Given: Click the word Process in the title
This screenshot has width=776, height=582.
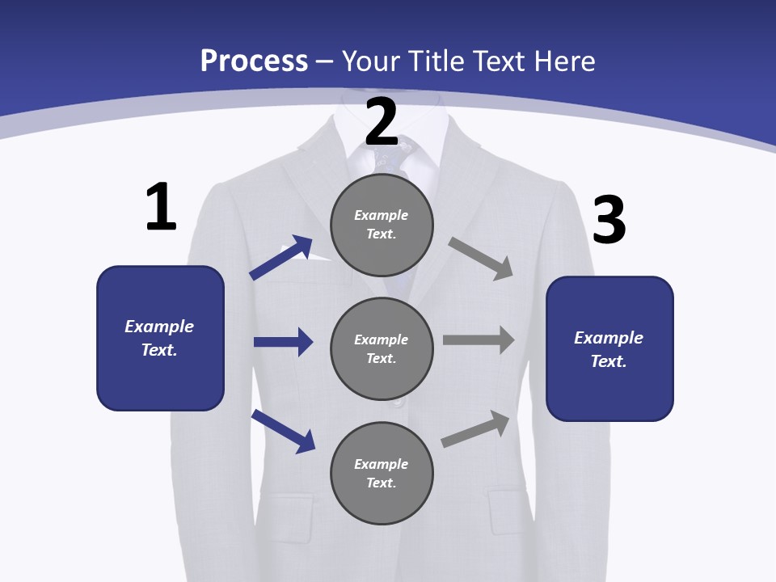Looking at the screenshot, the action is tap(254, 61).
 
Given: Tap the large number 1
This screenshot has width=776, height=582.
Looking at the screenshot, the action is tap(161, 207).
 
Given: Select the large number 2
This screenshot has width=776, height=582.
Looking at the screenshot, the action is tap(382, 121).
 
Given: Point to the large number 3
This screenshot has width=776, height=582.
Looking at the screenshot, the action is tap(609, 220).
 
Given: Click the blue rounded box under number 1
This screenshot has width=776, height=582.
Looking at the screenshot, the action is tap(160, 338).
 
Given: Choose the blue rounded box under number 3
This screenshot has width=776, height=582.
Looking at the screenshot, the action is tap(609, 348).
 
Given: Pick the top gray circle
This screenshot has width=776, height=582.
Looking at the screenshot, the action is tap(382, 225).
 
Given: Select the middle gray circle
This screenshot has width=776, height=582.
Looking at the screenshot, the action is tap(382, 348).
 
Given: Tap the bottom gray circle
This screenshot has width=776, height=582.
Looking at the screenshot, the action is tap(382, 473).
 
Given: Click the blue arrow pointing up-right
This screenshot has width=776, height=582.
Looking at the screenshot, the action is tap(281, 257).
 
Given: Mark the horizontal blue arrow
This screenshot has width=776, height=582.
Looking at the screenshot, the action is tap(283, 342).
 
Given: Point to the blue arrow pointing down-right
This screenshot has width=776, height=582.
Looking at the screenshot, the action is tap(283, 431).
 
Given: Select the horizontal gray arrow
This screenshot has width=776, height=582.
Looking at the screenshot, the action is tap(479, 340).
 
